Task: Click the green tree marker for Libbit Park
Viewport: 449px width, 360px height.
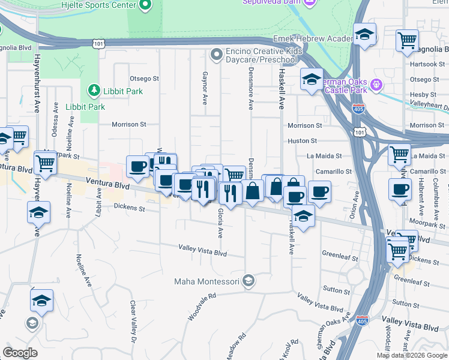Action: coord(94,91)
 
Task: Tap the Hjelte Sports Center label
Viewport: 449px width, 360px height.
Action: coord(99,5)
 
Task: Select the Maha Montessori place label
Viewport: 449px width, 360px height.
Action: coord(207,281)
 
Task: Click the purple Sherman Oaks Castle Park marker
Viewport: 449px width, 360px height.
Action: coord(377,83)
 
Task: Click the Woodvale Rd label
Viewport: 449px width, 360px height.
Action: coord(201,307)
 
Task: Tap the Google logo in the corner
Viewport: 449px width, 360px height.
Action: coord(20,353)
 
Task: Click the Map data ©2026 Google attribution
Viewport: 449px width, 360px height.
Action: coord(411,355)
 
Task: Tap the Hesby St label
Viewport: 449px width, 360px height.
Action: coord(424,95)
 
